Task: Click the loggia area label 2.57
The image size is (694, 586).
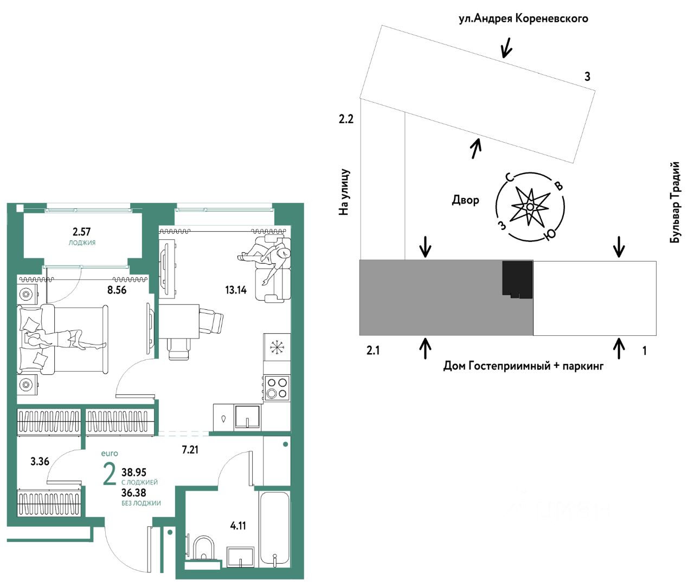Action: pyautogui.click(x=82, y=232)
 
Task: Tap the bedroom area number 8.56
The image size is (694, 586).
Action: pyautogui.click(x=117, y=290)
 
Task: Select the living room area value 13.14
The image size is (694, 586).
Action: pyautogui.click(x=236, y=290)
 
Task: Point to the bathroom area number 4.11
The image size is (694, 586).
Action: pyautogui.click(x=238, y=525)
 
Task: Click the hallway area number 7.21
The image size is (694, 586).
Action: pyautogui.click(x=190, y=449)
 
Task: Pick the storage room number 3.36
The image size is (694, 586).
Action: pyautogui.click(x=40, y=461)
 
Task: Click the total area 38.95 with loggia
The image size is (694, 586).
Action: pyautogui.click(x=134, y=472)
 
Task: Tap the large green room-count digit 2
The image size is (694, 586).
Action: pyautogui.click(x=110, y=474)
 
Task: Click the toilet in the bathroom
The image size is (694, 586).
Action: pyautogui.click(x=204, y=547)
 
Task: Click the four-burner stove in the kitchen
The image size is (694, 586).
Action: pyautogui.click(x=277, y=388)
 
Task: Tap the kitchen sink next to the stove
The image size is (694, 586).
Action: pyautogui.click(x=247, y=417)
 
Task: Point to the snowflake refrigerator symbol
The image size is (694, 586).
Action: pyautogui.click(x=277, y=347)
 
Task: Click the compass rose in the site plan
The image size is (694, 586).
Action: pyautogui.click(x=530, y=207)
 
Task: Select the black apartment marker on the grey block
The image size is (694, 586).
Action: pyautogui.click(x=517, y=279)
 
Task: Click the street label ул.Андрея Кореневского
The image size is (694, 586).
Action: pyautogui.click(x=523, y=18)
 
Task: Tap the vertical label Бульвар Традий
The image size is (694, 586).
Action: pyautogui.click(x=674, y=202)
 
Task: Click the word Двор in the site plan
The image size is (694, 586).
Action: pyautogui.click(x=466, y=200)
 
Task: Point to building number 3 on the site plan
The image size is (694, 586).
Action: pyautogui.click(x=587, y=77)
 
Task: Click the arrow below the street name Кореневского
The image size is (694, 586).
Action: pyautogui.click(x=507, y=48)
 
